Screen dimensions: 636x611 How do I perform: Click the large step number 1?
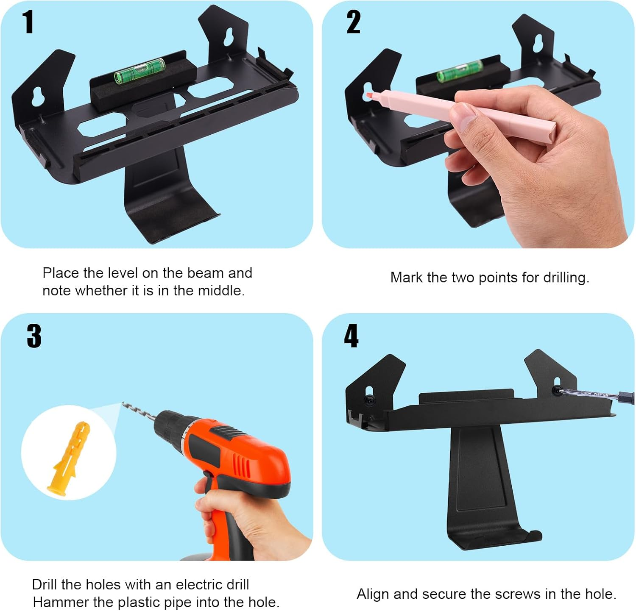pyautogui.click(x=28, y=22)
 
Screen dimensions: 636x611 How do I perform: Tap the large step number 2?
pyautogui.click(x=354, y=22)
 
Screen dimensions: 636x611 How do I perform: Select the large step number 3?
pyautogui.click(x=34, y=336)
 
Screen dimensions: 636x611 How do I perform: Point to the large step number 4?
pyautogui.click(x=351, y=336)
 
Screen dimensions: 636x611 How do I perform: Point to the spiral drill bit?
pyautogui.click(x=139, y=412)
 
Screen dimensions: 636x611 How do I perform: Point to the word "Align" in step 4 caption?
pyautogui.click(x=373, y=594)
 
